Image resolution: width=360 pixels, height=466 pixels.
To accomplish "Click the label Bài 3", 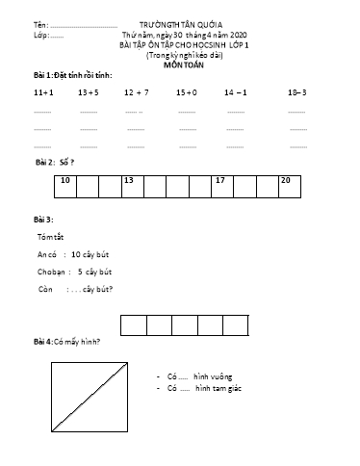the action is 43,220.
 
